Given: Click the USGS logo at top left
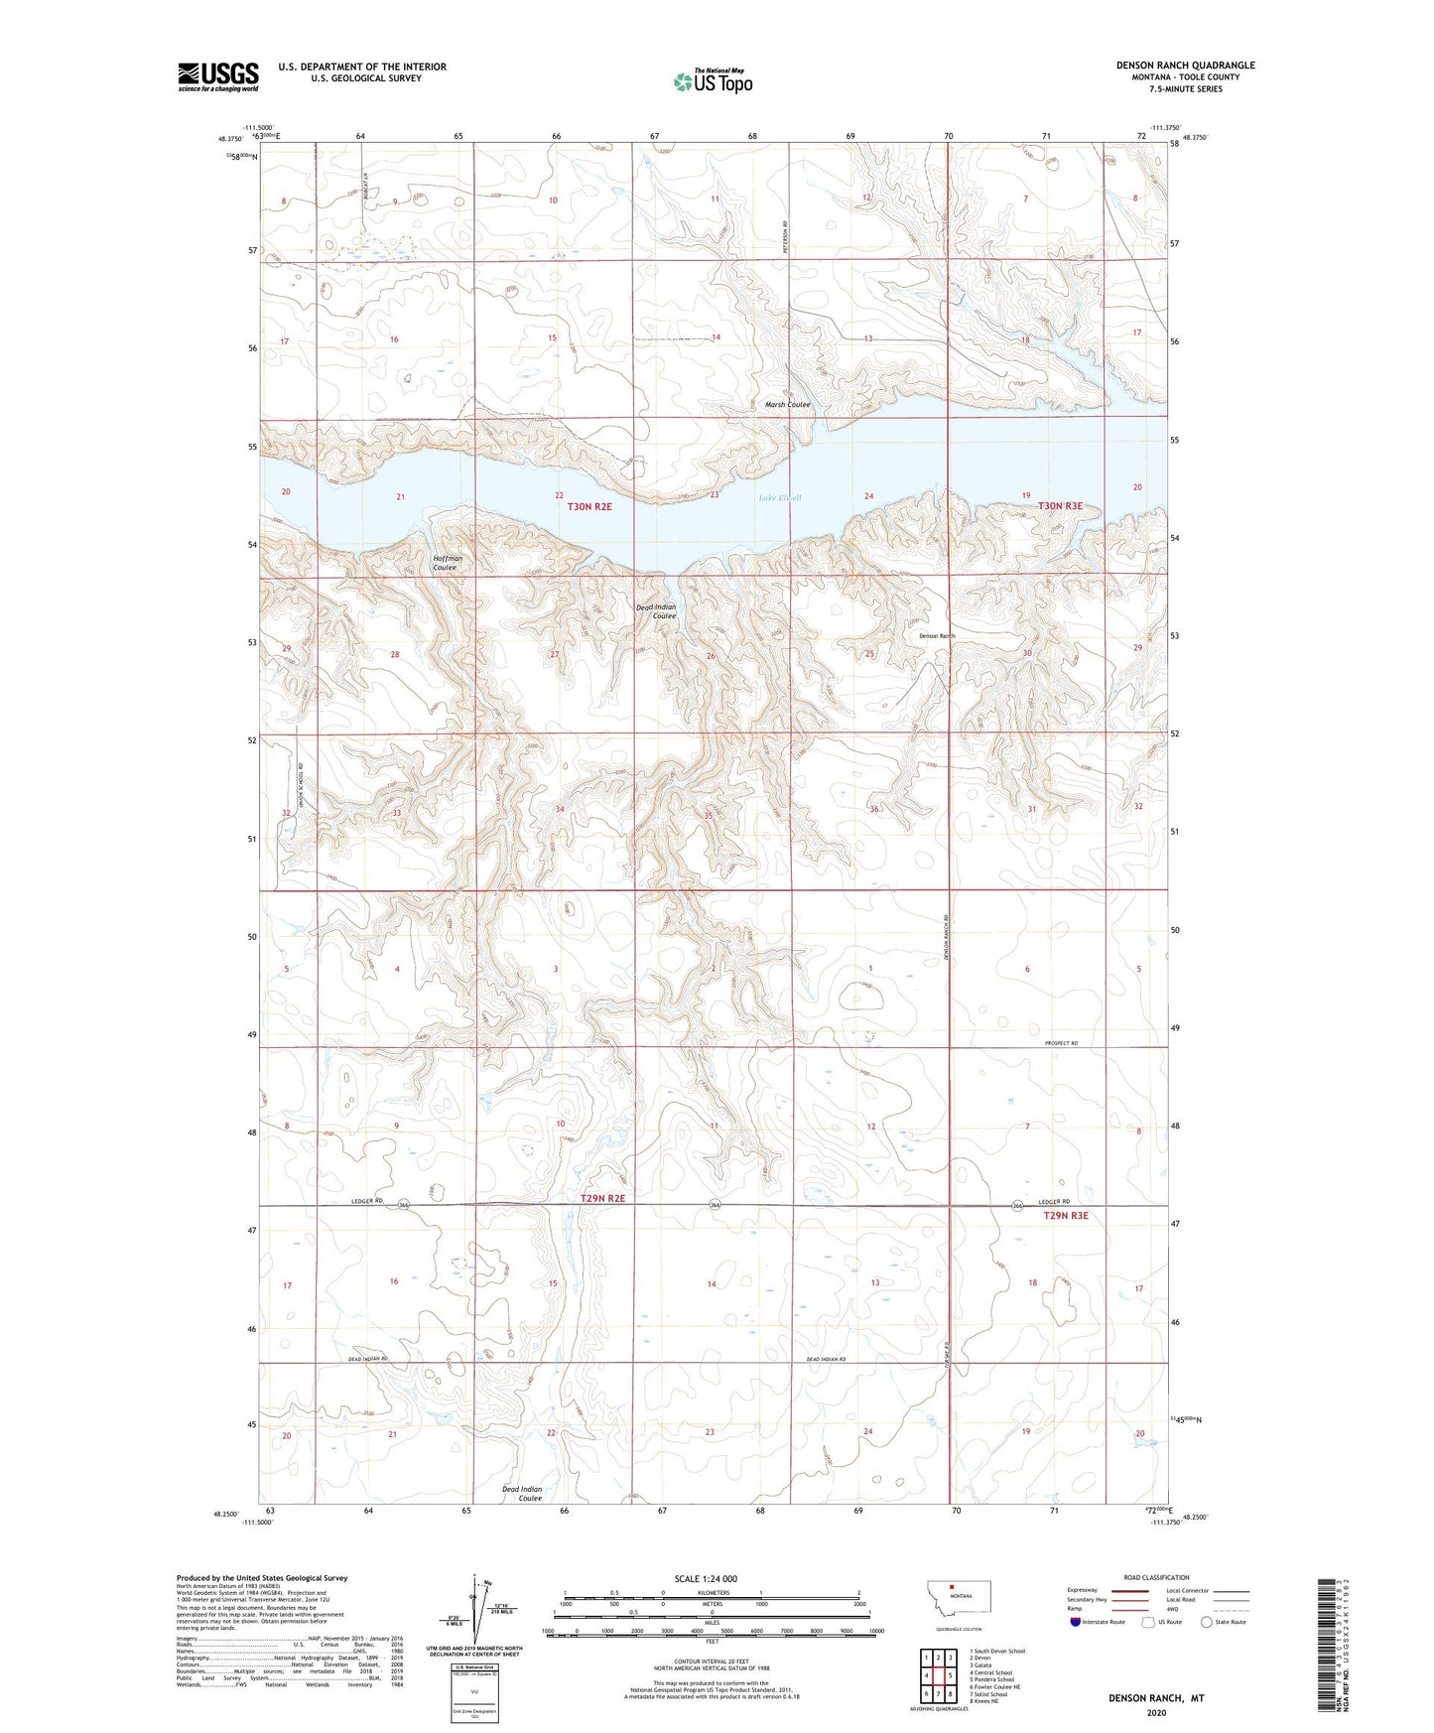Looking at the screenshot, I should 218,76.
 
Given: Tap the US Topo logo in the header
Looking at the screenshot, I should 713,80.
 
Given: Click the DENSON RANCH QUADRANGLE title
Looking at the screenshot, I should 1185,66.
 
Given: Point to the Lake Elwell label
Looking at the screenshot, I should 779,497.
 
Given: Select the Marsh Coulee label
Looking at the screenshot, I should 787,405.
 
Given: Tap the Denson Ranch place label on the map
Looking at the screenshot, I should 936,636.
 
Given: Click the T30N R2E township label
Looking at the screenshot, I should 589,506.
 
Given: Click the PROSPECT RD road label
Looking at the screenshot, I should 1061,1043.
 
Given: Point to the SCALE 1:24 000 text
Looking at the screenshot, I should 706,1578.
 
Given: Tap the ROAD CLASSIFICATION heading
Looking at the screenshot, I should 1156,1577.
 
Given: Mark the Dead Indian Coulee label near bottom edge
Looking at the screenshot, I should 522,1494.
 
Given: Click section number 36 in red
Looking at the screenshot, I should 873,809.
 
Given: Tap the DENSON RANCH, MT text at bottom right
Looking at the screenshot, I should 1155,1698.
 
